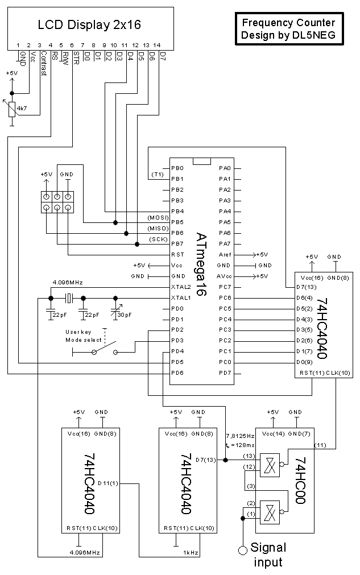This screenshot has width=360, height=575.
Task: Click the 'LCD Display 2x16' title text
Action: coord(89,24)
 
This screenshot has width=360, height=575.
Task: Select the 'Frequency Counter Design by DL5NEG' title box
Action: coord(289,29)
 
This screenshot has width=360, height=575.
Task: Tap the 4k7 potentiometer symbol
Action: coord(12,109)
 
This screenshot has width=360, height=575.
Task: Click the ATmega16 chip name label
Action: coord(201,264)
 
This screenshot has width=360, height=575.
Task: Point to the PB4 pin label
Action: coord(177,211)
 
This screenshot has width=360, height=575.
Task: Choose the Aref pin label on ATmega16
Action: coord(225,254)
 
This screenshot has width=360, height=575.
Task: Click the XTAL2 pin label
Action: coord(181,287)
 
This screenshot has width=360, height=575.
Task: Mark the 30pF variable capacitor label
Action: coord(125,315)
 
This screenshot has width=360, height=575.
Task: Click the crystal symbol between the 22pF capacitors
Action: coord(69,298)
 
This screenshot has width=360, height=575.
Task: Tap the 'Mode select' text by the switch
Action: coord(83,340)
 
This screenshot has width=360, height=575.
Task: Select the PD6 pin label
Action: coord(177,373)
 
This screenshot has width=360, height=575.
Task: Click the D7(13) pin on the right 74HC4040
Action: coord(307,287)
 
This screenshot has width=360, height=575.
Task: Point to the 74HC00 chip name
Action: coord(300,481)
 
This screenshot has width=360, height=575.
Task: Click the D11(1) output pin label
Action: coord(108,483)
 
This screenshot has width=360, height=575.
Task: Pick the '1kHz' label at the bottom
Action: coord(191,552)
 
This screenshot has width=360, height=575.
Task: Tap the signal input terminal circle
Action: coord(243,550)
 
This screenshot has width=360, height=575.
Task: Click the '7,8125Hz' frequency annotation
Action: coord(241,436)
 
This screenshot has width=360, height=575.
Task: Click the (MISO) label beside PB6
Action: coord(158,229)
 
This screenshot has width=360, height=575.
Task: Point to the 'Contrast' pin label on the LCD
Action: coord(44,63)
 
